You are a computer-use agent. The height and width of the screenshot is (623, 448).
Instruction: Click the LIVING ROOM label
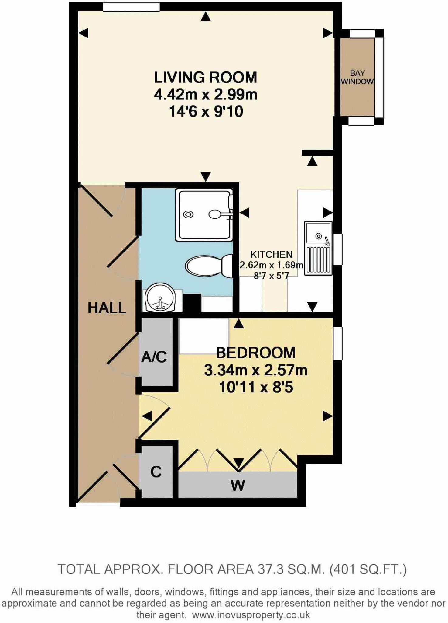tap(205, 78)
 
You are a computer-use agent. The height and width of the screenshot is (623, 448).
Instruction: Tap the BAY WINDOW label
tap(357, 77)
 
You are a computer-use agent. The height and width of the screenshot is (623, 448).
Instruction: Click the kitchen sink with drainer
tap(318, 248)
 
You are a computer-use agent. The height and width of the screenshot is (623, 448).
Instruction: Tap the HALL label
tap(107, 308)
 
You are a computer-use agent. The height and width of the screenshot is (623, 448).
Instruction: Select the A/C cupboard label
tap(154, 357)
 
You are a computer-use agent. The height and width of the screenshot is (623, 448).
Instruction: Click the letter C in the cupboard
tap(156, 472)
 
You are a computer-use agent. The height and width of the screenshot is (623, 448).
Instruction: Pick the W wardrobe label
tap(238, 485)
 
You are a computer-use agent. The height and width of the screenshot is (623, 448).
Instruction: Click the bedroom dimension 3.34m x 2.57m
tap(255, 371)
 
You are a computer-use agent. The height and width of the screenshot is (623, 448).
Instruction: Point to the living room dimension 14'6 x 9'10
tap(206, 112)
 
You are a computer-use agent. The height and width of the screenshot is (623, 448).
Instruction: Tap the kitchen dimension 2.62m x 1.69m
tap(271, 265)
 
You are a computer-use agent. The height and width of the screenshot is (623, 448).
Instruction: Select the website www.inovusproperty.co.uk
tap(251, 615)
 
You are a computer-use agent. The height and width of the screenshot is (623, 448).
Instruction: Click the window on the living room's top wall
tap(131, 7)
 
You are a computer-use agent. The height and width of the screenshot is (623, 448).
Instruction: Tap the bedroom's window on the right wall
tap(338, 343)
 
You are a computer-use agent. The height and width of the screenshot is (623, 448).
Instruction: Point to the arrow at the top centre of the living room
tap(206, 17)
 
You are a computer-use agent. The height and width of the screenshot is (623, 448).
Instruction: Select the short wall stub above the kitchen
tap(317, 153)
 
